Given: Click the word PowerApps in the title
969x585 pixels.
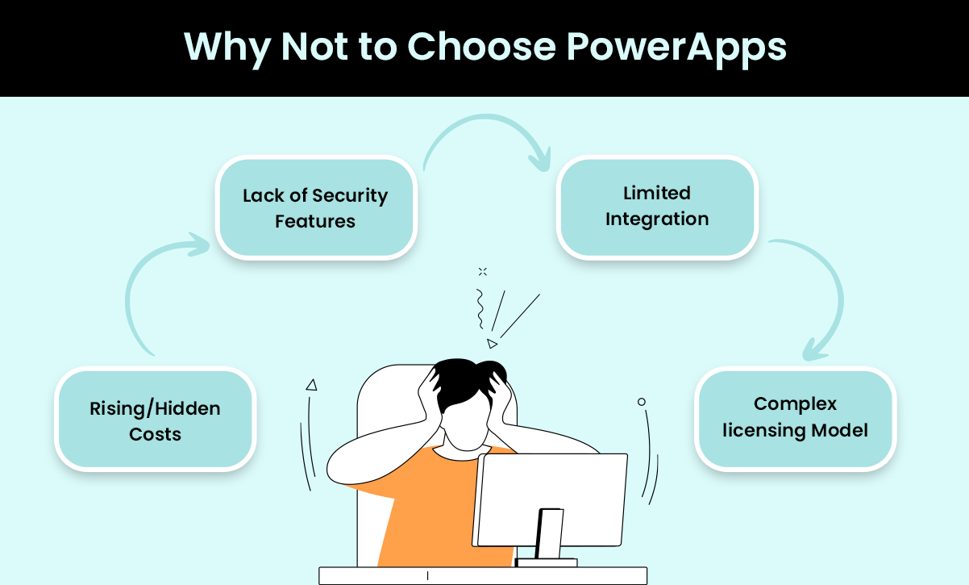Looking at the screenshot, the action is tap(676, 48).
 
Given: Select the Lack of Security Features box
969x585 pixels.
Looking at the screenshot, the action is tap(316, 207).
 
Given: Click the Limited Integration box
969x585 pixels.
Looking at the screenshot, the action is tap(657, 207).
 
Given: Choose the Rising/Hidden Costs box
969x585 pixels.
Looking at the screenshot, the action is tap(155, 419).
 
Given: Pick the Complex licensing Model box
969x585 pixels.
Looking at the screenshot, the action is tap(795, 419).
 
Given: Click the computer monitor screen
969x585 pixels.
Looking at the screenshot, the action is tap(551, 499).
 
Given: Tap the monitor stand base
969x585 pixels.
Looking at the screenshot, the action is tap(547, 562).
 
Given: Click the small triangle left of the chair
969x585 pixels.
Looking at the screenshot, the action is tap(311, 385).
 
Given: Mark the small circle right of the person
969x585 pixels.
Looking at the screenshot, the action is tap(642, 402).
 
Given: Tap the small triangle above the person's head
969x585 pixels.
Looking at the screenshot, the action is tap(492, 344).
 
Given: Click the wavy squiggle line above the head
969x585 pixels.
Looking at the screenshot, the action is tap(480, 309).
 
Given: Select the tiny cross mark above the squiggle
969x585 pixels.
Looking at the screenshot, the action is tap(483, 271).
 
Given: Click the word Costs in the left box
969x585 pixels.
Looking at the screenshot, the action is tap(155, 434).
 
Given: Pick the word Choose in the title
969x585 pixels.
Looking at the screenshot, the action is tap(481, 47).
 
